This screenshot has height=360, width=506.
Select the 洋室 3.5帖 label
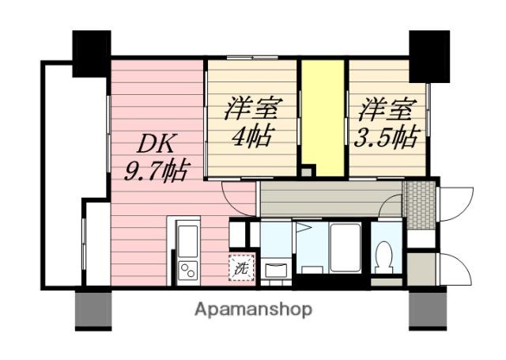tap(387, 122)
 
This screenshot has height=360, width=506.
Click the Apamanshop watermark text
tap(253, 309)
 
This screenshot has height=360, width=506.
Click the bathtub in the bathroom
tap(346, 248)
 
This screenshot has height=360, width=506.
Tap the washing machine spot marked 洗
tap(242, 267)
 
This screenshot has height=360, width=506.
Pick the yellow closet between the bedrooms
tap(323, 118)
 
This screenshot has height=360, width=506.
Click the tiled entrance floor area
tap(420, 206)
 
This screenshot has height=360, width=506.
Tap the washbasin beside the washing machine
tap(276, 270)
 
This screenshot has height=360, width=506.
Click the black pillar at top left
tap(92, 54)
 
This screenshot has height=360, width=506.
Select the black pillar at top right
tap(429, 57)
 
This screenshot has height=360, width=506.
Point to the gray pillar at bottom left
tap(93, 310)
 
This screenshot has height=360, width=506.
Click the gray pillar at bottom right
tap(428, 310)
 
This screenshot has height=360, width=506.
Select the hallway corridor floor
tap(330, 199)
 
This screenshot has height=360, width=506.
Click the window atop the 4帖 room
tap(252, 58)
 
